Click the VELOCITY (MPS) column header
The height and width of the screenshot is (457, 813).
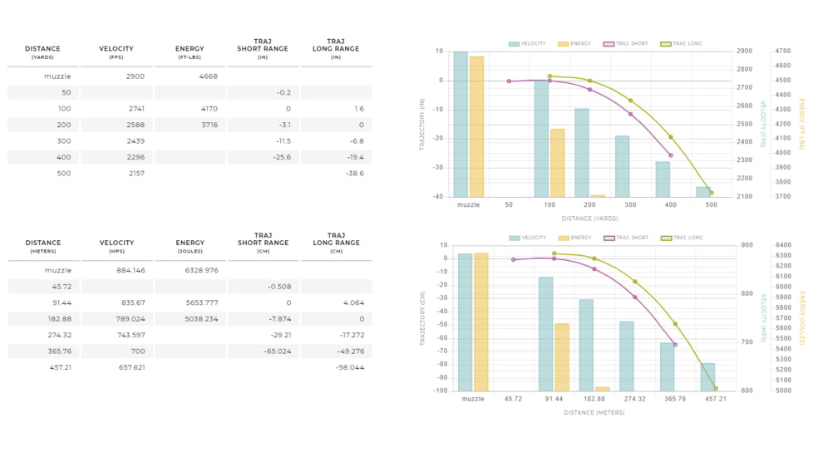coord(116,246)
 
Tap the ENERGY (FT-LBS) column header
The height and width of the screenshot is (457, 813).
coord(190,52)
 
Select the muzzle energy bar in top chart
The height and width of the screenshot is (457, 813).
coord(476,126)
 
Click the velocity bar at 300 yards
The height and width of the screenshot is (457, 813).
coord(622,166)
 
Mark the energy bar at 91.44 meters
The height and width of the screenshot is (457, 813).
coord(562,357)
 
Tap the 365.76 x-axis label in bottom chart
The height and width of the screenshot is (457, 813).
coord(675,399)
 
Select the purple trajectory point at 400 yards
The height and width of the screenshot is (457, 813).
coord(670,155)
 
